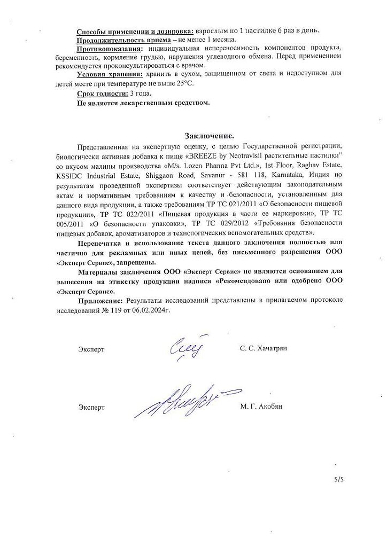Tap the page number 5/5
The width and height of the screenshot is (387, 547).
click(x=339, y=480)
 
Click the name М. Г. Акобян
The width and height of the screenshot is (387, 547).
click(x=261, y=407)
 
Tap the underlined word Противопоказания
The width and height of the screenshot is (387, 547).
click(x=109, y=49)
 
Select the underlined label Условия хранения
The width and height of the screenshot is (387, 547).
click(x=110, y=74)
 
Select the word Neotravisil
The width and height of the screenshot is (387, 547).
click(x=241, y=155)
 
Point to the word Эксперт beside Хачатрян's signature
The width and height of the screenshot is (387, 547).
click(x=91, y=349)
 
